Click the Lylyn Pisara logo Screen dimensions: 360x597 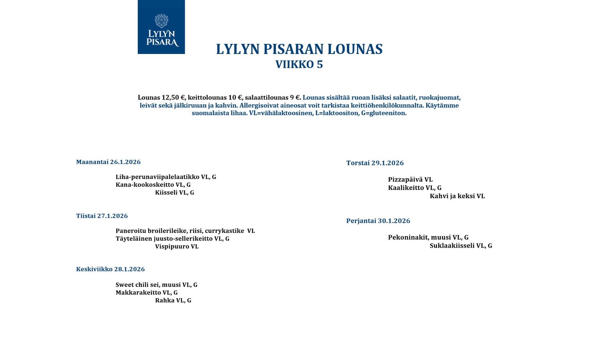(161, 27)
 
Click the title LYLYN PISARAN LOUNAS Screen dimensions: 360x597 (299, 49)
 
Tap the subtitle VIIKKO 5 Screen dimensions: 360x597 (299, 64)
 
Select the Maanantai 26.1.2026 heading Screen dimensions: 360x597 (108, 162)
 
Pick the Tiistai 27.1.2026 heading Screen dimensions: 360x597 (102, 216)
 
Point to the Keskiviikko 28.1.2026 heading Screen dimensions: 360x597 (110, 269)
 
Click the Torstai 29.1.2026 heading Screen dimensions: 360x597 (375, 163)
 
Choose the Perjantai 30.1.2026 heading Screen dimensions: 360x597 (378, 221)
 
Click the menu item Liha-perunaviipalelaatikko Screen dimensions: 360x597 (157, 177)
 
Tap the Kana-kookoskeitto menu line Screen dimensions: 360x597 (153, 185)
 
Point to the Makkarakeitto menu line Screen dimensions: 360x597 (147, 293)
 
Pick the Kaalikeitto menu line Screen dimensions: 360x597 (415, 188)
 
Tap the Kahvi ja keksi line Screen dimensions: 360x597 (457, 196)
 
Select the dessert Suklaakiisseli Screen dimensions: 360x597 (452, 246)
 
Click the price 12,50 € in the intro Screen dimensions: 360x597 (173, 98)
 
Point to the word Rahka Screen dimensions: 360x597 (165, 301)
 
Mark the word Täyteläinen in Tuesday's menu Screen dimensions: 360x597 (134, 239)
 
